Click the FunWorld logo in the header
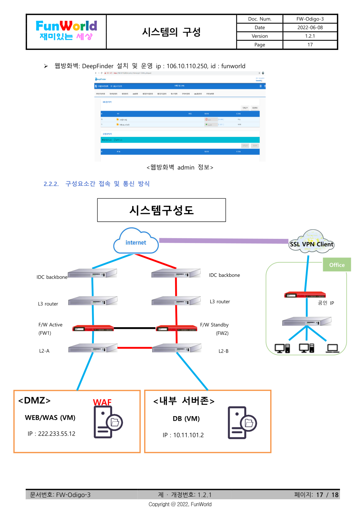66,31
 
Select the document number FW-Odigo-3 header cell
310,19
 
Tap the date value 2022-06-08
310,27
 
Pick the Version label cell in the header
259,36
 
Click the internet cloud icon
136,242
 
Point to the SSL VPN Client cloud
311,243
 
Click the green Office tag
337,265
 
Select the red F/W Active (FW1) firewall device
93,328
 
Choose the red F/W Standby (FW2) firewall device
176,328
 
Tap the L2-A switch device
93,348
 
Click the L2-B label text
224,351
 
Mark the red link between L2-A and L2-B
135,348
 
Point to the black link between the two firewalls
135,328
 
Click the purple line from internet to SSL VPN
224,241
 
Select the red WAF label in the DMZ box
102,402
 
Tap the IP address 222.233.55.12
51,434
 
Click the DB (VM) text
186,419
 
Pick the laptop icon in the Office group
332,348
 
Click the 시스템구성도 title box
161,210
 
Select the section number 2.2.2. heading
51,184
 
